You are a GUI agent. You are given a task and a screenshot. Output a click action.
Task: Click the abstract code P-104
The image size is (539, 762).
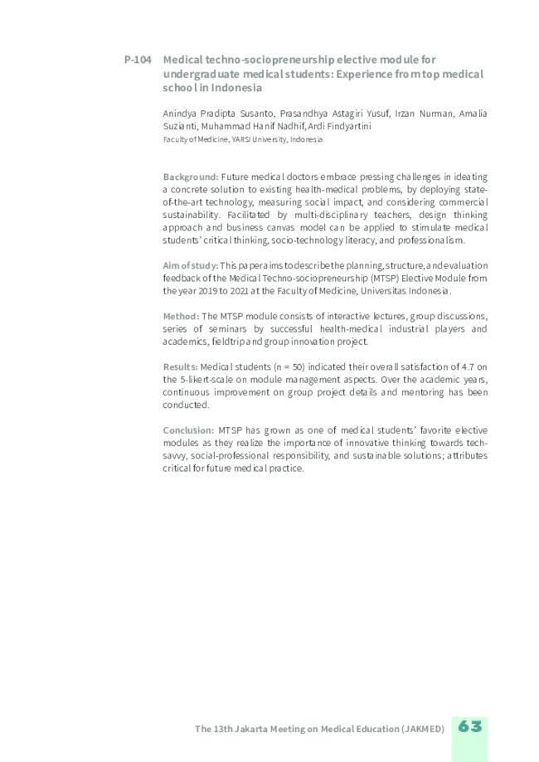138,60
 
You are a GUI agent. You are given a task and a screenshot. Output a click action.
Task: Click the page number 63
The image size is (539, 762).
469,727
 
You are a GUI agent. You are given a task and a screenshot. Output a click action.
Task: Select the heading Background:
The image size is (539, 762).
191,177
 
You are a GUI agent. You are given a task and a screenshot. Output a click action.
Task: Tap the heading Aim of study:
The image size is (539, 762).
191,265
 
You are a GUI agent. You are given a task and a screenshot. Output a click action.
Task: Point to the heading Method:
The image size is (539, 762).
181,316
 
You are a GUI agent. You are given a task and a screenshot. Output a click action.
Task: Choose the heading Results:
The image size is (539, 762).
180,366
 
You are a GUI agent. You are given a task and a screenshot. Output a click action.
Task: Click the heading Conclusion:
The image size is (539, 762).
188,430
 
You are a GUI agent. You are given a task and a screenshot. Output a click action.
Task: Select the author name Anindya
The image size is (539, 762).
182,114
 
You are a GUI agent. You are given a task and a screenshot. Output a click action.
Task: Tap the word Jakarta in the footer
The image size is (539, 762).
254,729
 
